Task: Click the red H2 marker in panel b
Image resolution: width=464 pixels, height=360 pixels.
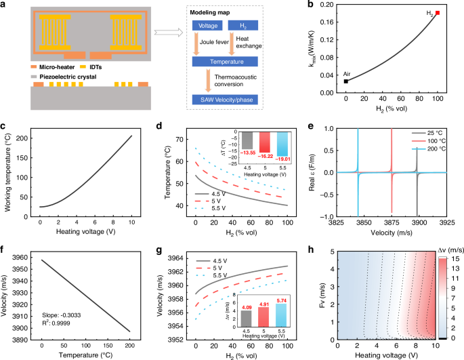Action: (438, 13)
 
